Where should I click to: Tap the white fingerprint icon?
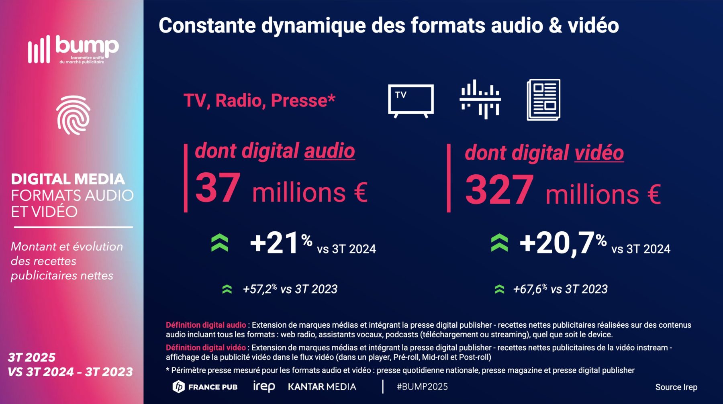[73, 115]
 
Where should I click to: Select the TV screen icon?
[411, 100]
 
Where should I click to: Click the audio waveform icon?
[480, 99]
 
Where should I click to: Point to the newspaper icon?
[543, 100]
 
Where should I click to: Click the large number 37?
[218, 188]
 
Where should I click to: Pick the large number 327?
[499, 190]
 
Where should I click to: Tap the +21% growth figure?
[280, 243]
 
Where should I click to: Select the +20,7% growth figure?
[562, 243]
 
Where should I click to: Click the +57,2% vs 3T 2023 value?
[290, 289]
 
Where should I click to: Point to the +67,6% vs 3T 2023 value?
[560, 289]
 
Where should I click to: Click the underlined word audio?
[329, 151]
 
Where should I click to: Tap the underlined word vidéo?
[599, 153]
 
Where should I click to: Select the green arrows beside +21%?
[220, 243]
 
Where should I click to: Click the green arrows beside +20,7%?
[499, 243]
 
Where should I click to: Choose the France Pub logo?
[205, 387]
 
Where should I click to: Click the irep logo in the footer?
[264, 386]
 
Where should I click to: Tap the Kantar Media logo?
[322, 387]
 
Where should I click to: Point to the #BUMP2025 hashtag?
[422, 387]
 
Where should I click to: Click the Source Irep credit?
[676, 387]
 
